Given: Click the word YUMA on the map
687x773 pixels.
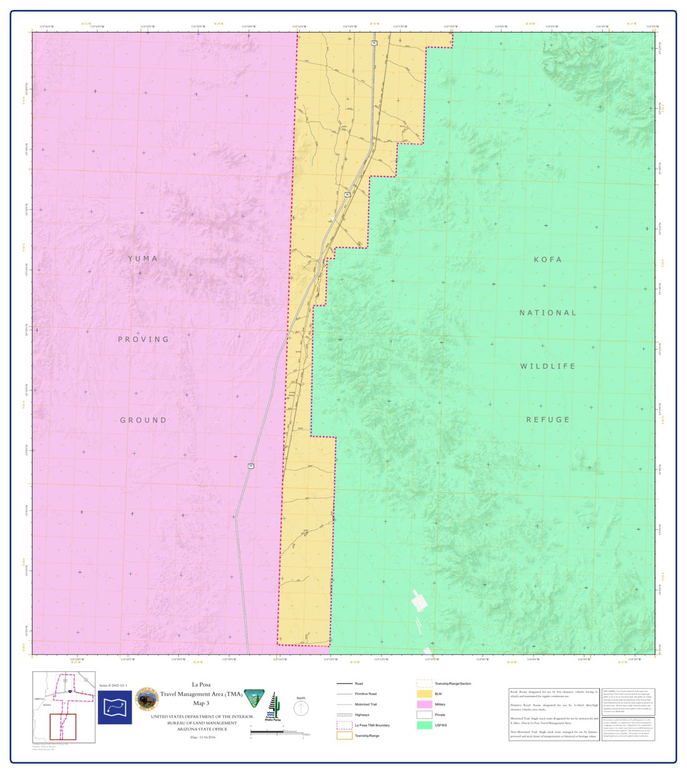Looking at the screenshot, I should [x=143, y=259].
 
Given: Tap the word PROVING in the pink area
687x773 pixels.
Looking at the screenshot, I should [x=143, y=340].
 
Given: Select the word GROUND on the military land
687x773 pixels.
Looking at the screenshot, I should [x=143, y=420].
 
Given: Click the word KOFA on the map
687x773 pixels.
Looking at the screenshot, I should [x=548, y=259].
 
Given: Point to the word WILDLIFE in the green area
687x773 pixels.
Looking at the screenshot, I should [x=548, y=367].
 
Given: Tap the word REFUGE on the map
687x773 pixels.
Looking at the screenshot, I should [x=548, y=420].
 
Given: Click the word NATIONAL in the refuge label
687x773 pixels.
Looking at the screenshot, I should [x=548, y=313].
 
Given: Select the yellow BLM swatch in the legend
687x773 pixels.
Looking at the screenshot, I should [x=425, y=693].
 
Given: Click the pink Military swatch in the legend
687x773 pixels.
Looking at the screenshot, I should [x=425, y=704].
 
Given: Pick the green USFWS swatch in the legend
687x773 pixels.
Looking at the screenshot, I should [x=425, y=725].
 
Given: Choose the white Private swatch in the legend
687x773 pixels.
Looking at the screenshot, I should [x=425, y=714].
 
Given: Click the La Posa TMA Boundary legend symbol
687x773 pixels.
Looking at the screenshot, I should [x=344, y=725].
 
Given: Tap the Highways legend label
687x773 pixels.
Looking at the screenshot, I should [x=362, y=715].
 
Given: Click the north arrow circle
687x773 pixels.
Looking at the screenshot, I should [x=301, y=709].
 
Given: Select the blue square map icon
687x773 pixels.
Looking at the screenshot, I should [x=115, y=707].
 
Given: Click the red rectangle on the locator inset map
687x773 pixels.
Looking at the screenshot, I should [x=62, y=727].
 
